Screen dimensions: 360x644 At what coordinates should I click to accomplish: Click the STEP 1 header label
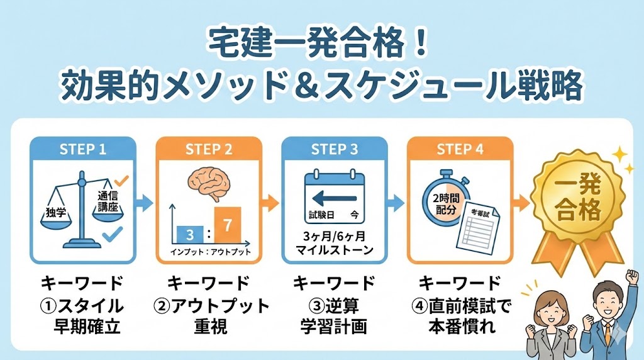(82, 150)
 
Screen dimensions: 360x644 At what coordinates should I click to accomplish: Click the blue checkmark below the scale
(111, 235)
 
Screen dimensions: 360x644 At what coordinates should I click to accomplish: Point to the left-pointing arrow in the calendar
(334, 198)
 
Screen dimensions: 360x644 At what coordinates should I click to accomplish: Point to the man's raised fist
(631, 277)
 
